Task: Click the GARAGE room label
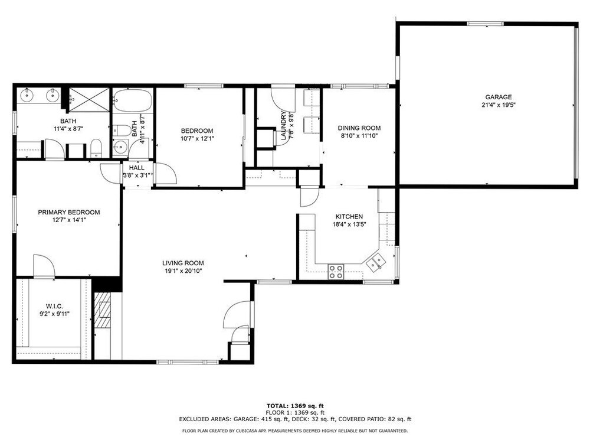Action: point(498,97)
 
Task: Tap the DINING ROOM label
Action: point(359,128)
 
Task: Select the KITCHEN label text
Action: point(349,217)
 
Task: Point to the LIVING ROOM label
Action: point(183,263)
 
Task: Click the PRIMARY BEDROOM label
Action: point(69,212)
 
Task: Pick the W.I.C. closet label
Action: point(54,307)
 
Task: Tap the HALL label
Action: point(137,168)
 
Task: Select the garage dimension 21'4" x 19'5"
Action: point(498,105)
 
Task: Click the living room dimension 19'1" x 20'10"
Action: point(183,271)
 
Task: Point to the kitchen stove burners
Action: point(336,272)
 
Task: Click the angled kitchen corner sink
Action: point(376,262)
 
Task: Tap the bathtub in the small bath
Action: point(132,100)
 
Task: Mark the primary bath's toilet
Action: point(96,148)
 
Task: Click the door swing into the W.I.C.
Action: point(44,266)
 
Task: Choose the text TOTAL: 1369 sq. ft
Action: point(295,406)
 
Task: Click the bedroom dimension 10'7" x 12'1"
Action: point(197,139)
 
